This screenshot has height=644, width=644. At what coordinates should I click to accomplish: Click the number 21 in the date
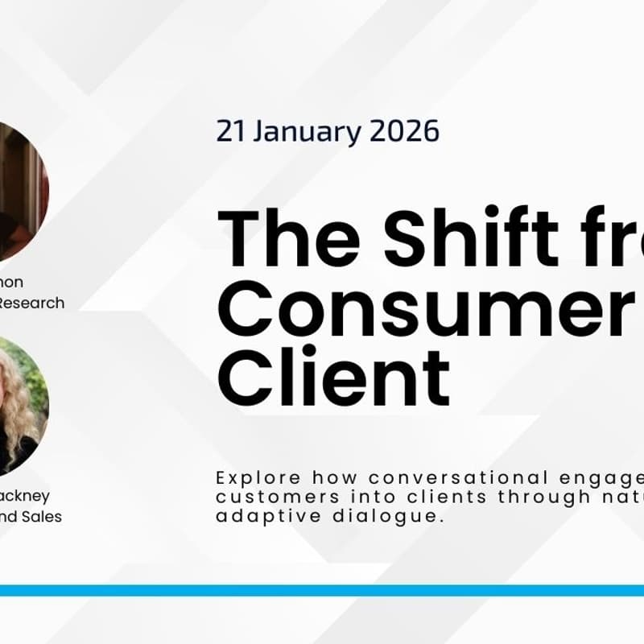[229, 130]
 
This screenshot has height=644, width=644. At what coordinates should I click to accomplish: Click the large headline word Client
[333, 379]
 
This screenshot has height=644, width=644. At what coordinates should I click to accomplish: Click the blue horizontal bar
[322, 590]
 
